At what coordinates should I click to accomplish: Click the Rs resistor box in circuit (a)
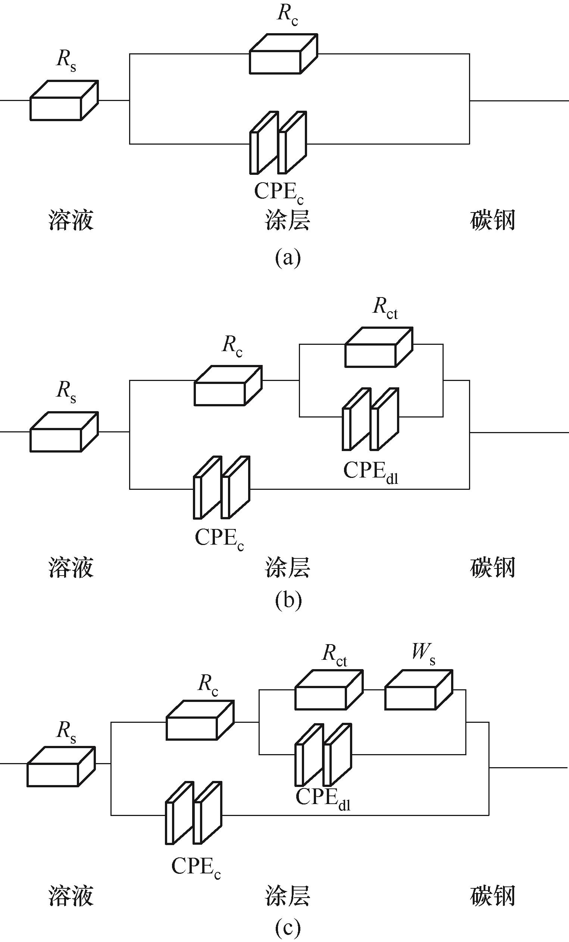pyautogui.click(x=64, y=100)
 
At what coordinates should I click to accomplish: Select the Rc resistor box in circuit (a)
pyautogui.click(x=283, y=54)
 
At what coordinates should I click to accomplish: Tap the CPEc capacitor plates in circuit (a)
pyautogui.click(x=278, y=143)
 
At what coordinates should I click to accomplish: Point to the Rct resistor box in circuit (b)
pyautogui.click(x=378, y=347)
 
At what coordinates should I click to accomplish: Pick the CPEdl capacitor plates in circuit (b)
pyautogui.click(x=371, y=419)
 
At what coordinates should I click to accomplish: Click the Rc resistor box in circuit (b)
pyautogui.click(x=228, y=385)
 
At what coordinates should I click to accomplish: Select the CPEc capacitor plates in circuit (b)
pyautogui.click(x=222, y=488)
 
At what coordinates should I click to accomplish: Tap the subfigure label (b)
pyautogui.click(x=288, y=600)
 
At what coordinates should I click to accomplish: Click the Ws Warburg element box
pyautogui.click(x=418, y=690)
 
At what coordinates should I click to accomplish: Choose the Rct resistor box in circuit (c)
pyautogui.click(x=328, y=690)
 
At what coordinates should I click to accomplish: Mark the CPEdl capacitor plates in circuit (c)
pyautogui.click(x=323, y=755)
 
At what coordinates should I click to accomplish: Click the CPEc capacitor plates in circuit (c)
pyautogui.click(x=194, y=813)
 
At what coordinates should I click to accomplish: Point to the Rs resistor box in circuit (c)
pyautogui.click(x=61, y=766)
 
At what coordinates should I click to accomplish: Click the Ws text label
pyautogui.click(x=423, y=653)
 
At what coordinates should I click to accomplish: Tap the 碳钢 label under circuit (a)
pyautogui.click(x=493, y=221)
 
